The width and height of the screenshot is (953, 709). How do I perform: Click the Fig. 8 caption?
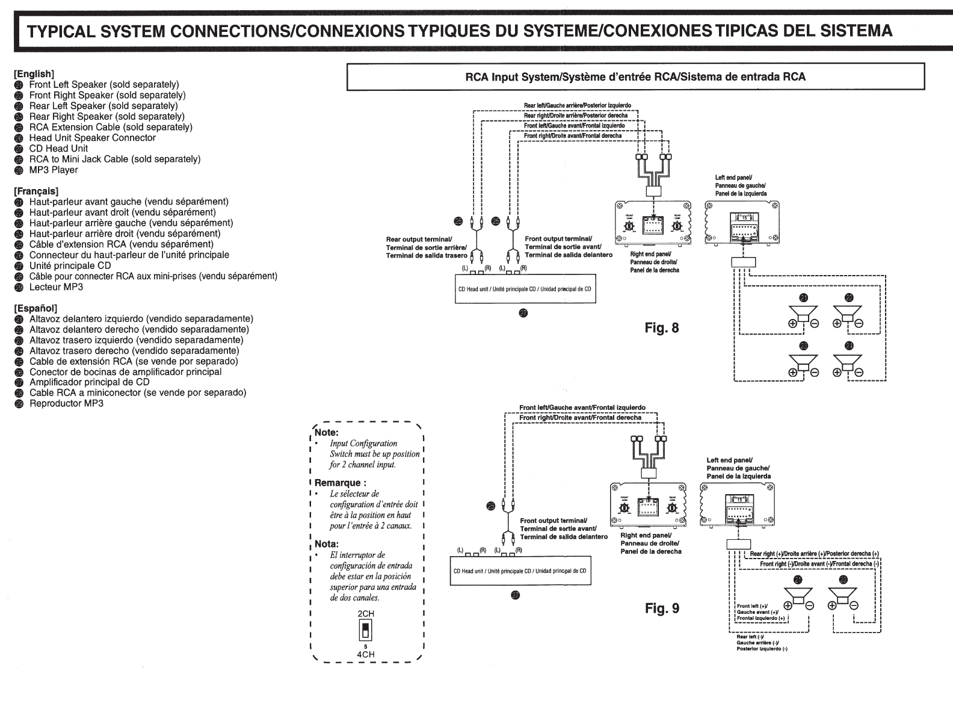point(662,328)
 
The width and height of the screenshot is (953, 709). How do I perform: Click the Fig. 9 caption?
point(662,608)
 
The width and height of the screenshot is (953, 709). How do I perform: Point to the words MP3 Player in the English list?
point(54,170)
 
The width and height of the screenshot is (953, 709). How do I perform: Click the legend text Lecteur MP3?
point(56,287)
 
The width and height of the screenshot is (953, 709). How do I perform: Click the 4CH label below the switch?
point(366,654)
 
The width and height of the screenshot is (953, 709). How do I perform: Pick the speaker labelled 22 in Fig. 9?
point(843,596)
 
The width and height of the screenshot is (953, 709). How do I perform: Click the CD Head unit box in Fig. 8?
point(524,289)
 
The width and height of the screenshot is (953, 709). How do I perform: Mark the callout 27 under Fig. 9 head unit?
point(515,596)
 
